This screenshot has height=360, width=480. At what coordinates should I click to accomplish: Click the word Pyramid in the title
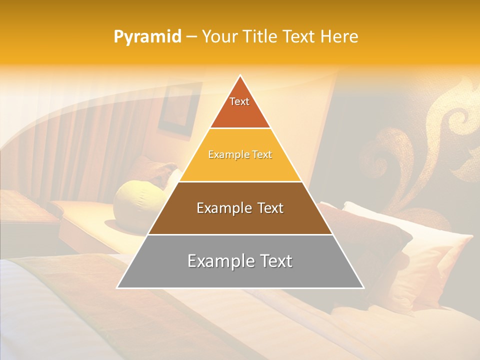point(147,37)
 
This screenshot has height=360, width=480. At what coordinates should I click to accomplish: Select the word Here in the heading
point(339,37)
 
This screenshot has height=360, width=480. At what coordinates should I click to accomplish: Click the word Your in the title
point(219,37)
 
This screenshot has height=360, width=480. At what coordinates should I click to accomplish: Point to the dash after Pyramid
point(191,37)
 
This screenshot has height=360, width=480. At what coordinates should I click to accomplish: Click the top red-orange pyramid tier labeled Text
point(240,107)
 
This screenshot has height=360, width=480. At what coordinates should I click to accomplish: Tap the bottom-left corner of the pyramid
point(117,288)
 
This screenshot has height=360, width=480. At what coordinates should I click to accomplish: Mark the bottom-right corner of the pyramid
point(363,288)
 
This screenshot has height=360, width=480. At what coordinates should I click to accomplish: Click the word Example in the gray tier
point(216,261)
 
